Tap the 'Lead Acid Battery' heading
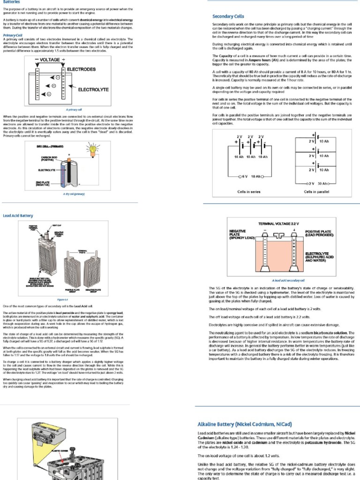(x=18, y=216)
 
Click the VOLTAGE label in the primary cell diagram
(x=50, y=60)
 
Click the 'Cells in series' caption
(x=248, y=192)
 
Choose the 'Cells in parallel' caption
(x=317, y=192)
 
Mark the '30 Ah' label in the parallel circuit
(x=323, y=183)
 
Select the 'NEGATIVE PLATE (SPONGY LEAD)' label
(x=242, y=235)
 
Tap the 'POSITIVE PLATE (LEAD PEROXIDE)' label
(x=320, y=233)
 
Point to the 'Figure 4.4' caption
(x=62, y=299)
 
